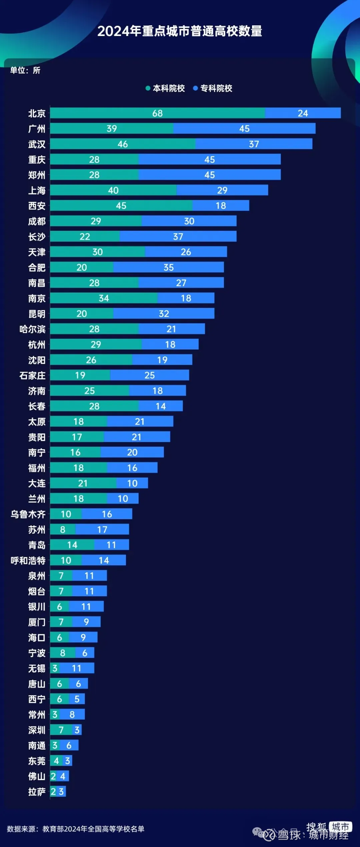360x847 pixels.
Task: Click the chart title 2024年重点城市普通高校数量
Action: pyautogui.click(x=180, y=31)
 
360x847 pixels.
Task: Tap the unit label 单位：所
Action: pyautogui.click(x=25, y=70)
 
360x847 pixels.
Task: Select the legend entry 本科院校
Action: pyautogui.click(x=169, y=88)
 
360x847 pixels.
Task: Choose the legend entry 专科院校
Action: pyautogui.click(x=216, y=88)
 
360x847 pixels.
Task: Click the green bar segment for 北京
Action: pyautogui.click(x=157, y=113)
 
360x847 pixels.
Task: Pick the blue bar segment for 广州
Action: pyautogui.click(x=244, y=128)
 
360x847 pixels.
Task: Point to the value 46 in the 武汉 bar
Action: pyautogui.click(x=123, y=144)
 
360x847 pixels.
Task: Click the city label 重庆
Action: pyautogui.click(x=37, y=160)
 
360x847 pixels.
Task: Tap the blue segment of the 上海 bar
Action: pyautogui.click(x=222, y=190)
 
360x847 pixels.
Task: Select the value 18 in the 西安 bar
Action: pyautogui.click(x=221, y=205)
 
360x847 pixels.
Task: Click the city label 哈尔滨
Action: pyautogui.click(x=32, y=329)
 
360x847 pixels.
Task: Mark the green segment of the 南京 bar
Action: pyautogui.click(x=104, y=298)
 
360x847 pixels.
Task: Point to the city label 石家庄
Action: pyautogui.click(x=32, y=375)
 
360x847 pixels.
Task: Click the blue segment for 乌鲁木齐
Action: pyautogui.click(x=107, y=514)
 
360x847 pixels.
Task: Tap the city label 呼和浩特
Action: pyautogui.click(x=28, y=561)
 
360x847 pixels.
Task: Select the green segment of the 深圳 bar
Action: pyautogui.click(x=61, y=730)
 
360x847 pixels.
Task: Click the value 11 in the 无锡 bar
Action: pyautogui.click(x=77, y=668)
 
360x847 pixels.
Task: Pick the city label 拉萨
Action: pyautogui.click(x=37, y=792)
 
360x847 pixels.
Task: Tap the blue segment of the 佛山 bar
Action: pyautogui.click(x=63, y=776)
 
